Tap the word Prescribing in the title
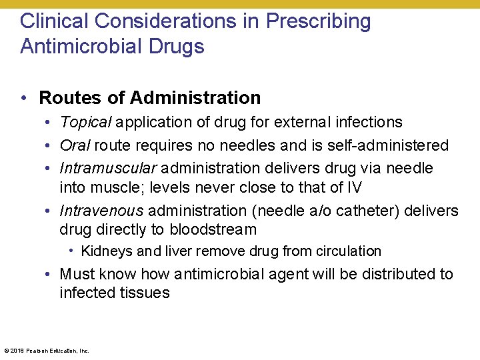click(x=318, y=21)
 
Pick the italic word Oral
click(x=74, y=145)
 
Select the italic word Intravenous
click(x=101, y=211)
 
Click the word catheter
click(x=368, y=211)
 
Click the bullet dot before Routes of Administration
click(x=23, y=99)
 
